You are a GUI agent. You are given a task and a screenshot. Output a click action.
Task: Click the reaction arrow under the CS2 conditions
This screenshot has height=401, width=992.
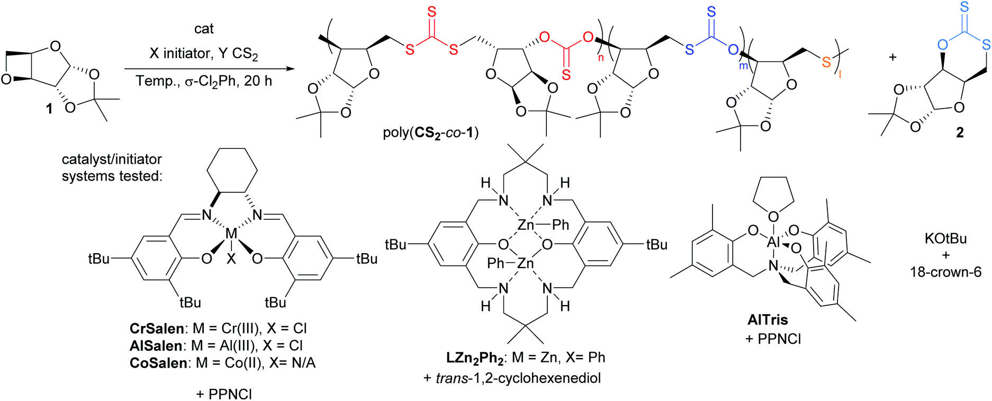point(209,69)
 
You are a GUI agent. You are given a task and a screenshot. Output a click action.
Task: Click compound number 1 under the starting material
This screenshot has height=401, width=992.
point(49,109)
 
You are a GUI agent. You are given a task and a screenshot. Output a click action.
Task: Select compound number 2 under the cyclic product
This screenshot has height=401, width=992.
point(960,132)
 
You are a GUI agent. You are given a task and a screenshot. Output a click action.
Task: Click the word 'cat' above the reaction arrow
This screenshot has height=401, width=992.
point(204,29)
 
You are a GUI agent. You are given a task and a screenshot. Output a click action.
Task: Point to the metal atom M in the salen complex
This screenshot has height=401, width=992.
point(231,234)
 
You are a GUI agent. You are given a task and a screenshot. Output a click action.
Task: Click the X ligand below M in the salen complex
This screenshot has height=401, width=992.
point(231,259)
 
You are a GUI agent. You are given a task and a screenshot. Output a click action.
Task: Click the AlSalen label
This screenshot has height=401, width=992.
point(156,346)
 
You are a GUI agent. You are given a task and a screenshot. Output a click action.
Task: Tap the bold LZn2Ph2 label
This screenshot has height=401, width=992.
point(475,358)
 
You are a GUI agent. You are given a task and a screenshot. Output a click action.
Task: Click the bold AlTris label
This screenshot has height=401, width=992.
point(768,320)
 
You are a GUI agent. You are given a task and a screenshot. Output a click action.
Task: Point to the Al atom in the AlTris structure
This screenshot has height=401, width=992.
point(774,243)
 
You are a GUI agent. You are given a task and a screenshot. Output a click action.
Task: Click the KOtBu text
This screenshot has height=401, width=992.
point(945,239)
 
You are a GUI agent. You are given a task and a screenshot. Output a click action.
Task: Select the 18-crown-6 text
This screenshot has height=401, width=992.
point(945,272)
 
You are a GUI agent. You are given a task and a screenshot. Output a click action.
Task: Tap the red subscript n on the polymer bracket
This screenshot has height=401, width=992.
point(601,57)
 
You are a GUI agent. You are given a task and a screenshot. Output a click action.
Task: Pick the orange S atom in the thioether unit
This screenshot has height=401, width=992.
point(826,63)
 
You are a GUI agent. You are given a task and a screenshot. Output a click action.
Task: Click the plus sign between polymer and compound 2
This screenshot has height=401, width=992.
point(892,57)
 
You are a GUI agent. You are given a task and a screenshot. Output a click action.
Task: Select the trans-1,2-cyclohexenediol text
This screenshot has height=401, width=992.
point(518,378)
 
